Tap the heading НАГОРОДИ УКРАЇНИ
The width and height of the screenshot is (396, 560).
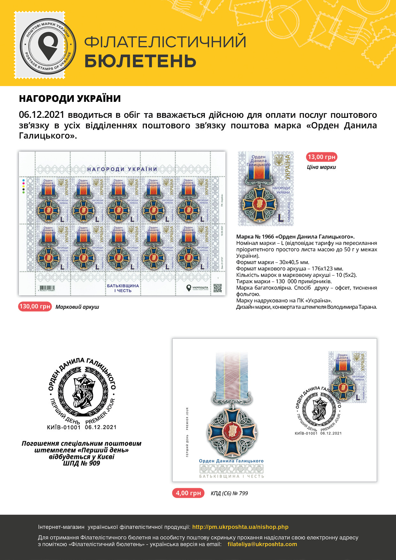pos(70,99)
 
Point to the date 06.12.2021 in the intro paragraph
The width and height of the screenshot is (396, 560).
pos(42,115)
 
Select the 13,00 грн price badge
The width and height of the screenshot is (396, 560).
pos(321,157)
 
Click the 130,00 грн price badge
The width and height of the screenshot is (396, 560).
pos(35,306)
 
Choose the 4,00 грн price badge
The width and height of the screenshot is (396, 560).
pos(188,493)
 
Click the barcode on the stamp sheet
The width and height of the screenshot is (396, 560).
pos(49,288)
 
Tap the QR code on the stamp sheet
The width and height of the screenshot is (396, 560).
pos(217,288)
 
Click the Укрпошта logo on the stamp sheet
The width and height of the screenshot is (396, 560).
pos(197,288)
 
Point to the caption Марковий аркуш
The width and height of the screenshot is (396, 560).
pos(77,307)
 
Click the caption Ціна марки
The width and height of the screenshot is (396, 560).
pos(321,167)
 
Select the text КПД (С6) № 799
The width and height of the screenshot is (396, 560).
pos(229,493)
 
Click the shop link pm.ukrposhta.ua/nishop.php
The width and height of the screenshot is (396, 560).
pos(240,527)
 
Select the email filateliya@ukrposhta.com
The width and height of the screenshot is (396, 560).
pos(262,544)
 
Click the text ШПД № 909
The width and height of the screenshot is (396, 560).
pos(81,463)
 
